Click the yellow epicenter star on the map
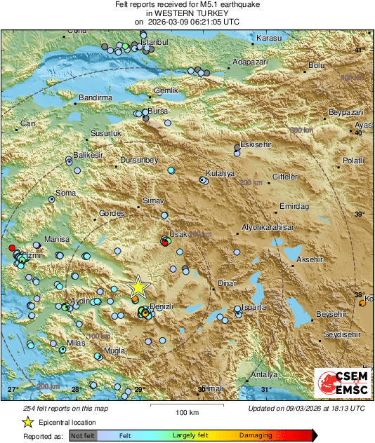pyautogui.click(x=138, y=287)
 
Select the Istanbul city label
pyautogui.click(x=156, y=42)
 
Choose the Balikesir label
pyautogui.click(x=88, y=154)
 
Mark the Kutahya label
pyautogui.click(x=218, y=172)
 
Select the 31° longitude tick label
pyautogui.click(x=266, y=389)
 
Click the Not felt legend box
pyautogui.click(x=82, y=435)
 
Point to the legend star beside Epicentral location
pyautogui.click(x=27, y=423)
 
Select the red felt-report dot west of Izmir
pyautogui.click(x=11, y=248)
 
